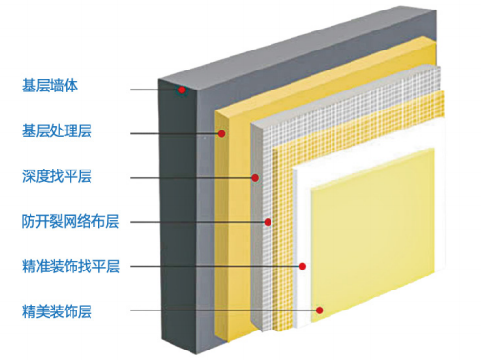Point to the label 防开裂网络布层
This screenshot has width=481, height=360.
70,221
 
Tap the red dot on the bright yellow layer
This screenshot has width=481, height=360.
221,134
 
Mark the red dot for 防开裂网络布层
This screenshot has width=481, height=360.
269,222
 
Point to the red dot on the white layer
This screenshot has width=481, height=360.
301,266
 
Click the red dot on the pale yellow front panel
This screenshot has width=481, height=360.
323,310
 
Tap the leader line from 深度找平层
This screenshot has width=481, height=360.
190,178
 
